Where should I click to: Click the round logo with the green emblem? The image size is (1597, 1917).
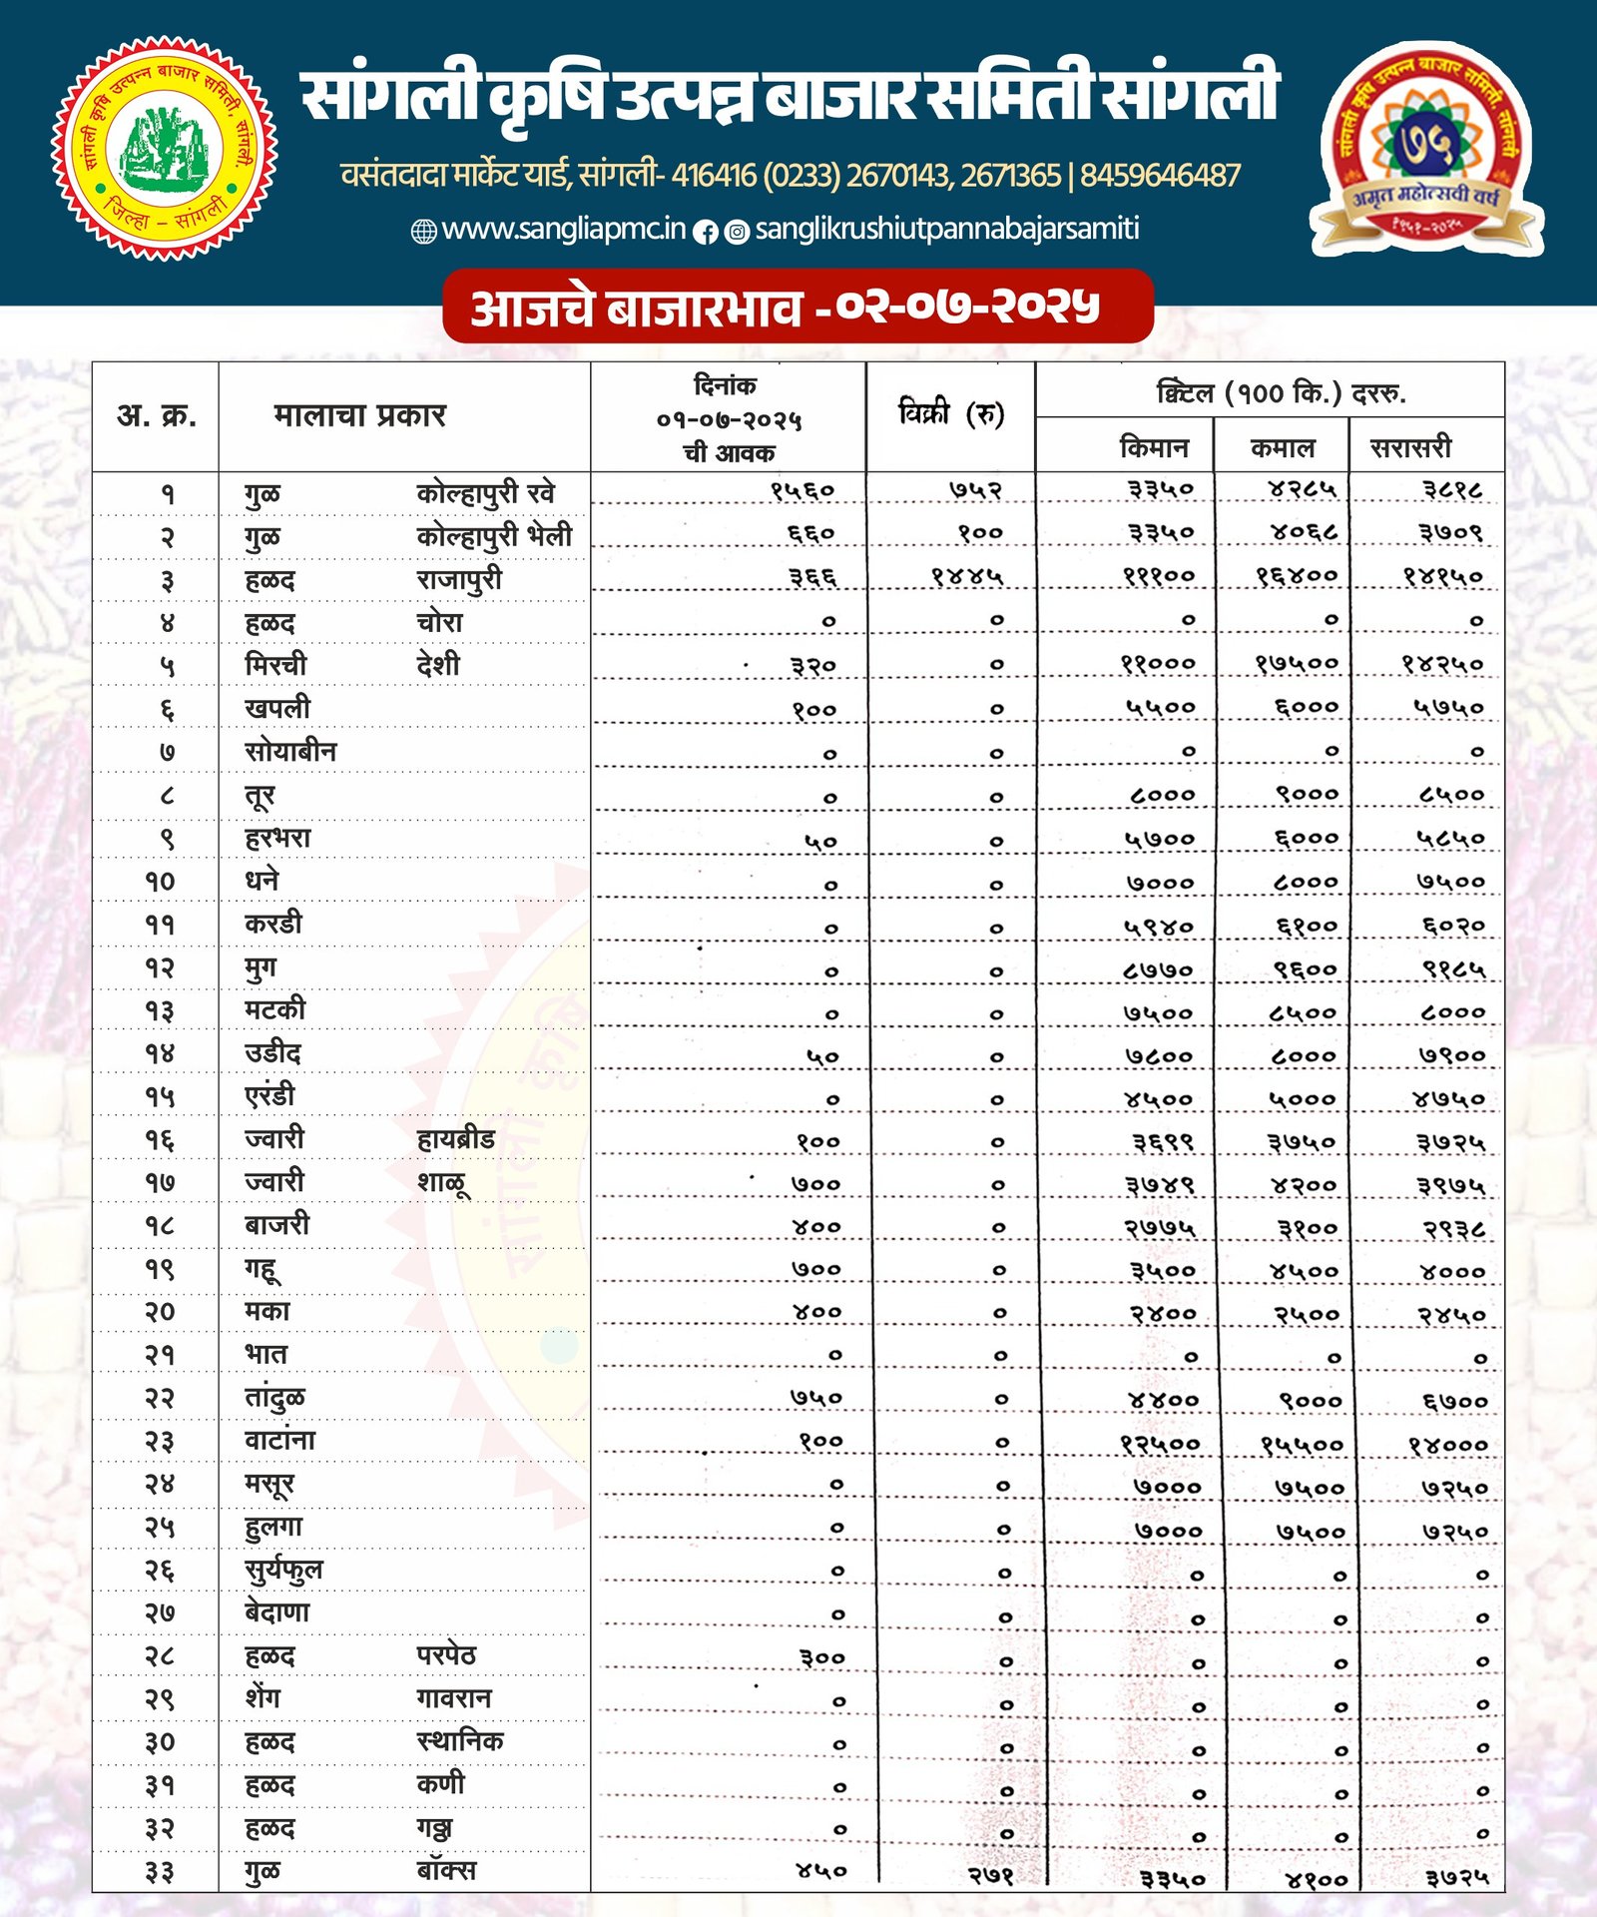click(x=165, y=148)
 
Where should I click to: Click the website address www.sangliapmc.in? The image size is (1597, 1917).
click(x=563, y=230)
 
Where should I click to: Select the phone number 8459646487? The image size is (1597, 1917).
click(x=1160, y=177)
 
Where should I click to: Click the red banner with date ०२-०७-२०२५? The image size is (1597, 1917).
click(x=798, y=308)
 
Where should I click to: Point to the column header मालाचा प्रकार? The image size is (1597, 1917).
click(x=359, y=415)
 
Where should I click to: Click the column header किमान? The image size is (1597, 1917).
click(x=1154, y=447)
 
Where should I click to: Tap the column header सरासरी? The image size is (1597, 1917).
click(x=1410, y=447)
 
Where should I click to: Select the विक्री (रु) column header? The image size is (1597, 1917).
click(x=951, y=413)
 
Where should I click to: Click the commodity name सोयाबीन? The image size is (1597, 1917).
click(x=290, y=752)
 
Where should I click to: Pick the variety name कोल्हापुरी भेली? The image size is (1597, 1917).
click(x=494, y=536)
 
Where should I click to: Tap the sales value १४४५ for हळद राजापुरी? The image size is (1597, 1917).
click(x=966, y=577)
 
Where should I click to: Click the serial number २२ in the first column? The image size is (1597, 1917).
click(x=160, y=1399)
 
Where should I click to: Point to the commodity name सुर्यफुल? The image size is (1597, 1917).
click(x=283, y=1572)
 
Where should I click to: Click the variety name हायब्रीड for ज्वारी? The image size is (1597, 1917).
click(x=455, y=1139)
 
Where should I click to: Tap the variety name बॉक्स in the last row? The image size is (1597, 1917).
click(x=446, y=1871)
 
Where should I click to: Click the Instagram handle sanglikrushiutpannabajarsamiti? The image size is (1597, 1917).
click(x=946, y=230)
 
